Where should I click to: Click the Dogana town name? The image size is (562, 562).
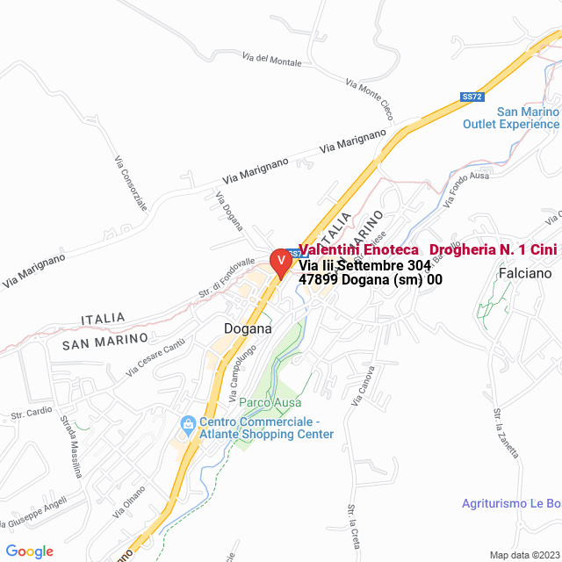(248, 328)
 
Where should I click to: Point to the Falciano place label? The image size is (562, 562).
(525, 273)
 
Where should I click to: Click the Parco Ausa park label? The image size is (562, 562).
(267, 402)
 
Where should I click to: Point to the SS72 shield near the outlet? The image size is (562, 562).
(472, 97)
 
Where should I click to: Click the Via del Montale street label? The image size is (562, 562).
(271, 60)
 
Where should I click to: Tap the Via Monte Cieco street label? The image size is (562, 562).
(369, 98)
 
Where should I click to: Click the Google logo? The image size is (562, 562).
(29, 551)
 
